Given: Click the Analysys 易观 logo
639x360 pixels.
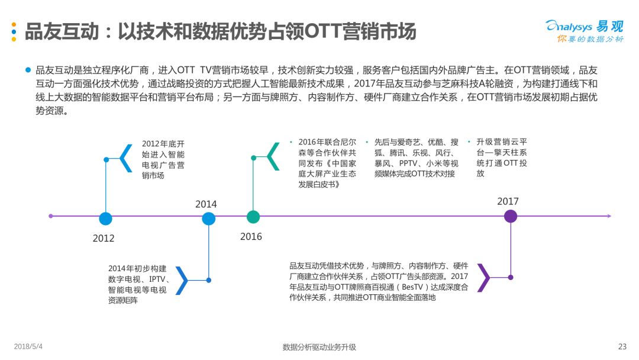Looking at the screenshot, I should click(x=585, y=27).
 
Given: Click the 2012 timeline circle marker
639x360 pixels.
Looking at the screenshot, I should click(x=106, y=218).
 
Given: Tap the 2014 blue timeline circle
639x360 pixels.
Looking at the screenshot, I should click(x=209, y=218).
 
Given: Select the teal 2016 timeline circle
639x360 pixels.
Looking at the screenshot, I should click(x=253, y=217).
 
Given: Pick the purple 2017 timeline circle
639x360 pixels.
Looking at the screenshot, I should click(x=511, y=216).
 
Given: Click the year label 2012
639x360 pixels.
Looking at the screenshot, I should click(x=104, y=238).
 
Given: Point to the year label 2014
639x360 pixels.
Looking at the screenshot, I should click(x=206, y=204).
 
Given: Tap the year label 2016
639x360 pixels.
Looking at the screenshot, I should click(x=251, y=236).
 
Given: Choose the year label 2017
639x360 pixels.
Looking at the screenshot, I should click(x=508, y=201).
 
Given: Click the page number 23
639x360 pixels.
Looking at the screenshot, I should click(x=622, y=346).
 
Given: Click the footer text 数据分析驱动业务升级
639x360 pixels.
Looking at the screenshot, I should click(x=319, y=347).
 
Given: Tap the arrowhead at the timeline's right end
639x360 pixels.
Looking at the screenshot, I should click(x=609, y=216).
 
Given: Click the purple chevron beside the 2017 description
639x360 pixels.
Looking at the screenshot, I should click(x=483, y=278).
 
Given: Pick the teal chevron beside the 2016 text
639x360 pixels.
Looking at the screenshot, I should click(x=273, y=157).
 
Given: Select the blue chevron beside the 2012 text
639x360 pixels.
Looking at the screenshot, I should click(x=126, y=158).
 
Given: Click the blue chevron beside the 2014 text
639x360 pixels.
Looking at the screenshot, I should click(x=182, y=280).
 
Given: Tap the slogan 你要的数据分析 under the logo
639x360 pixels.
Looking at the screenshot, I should click(x=590, y=39).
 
